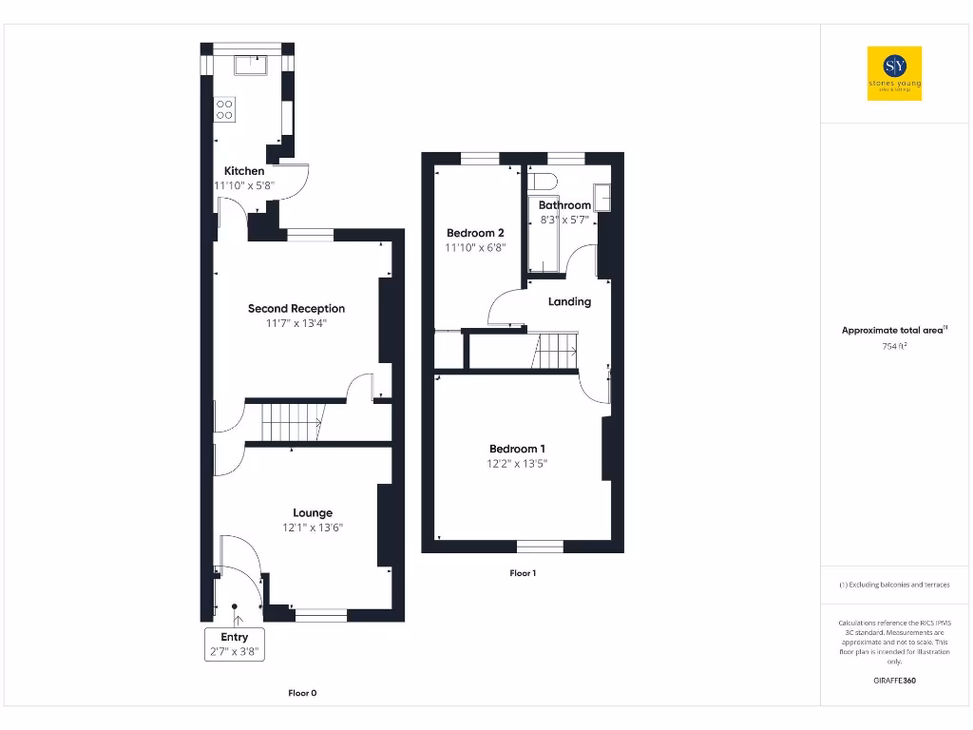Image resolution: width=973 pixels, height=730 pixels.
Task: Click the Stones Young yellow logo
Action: coord(895,73)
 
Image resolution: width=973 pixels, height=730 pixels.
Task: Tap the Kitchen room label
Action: coord(244,171)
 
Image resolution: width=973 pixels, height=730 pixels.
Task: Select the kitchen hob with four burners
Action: coord(225,108)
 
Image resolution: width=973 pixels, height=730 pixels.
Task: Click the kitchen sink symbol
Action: coord(252,65)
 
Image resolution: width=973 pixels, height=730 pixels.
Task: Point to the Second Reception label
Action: coord(296,309)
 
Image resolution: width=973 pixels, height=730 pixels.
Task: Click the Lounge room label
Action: coord(313,513)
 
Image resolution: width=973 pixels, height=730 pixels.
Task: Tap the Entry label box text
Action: coord(235,637)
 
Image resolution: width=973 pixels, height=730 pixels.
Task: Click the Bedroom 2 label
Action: coord(475,233)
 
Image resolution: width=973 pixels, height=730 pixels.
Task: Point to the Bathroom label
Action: coord(564,205)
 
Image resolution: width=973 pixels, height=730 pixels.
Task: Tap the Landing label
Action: coord(570,301)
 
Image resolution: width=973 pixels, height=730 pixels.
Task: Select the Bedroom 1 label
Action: coord(518,449)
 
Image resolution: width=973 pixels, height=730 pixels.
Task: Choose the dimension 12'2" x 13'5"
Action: coord(518,464)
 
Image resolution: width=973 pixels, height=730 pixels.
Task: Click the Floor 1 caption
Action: coord(523,573)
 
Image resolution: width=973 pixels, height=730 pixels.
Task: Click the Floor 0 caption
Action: coord(302,693)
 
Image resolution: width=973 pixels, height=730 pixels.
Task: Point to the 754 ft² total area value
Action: coord(894,346)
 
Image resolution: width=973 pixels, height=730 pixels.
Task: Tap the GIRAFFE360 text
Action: coord(894,681)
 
